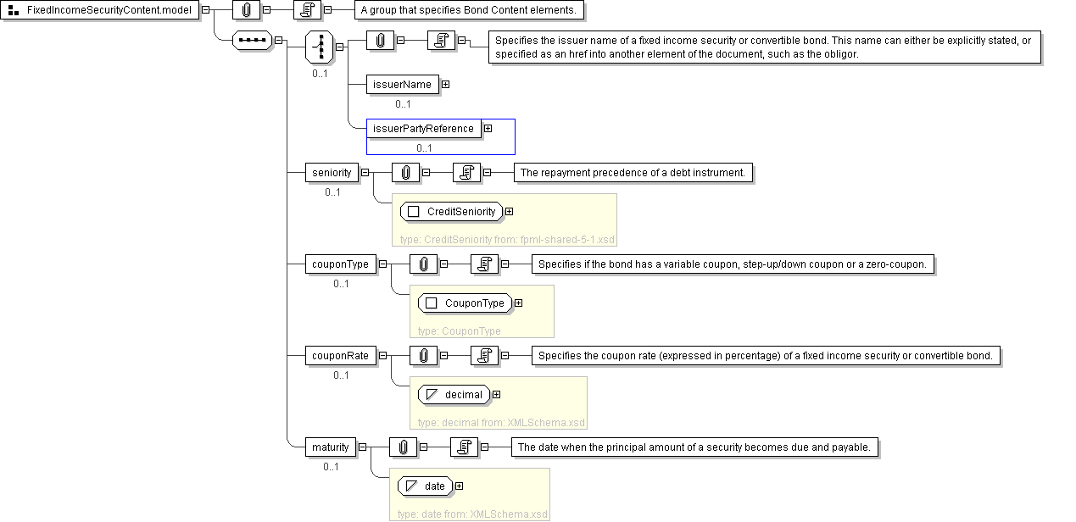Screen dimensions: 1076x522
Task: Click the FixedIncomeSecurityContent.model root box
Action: pyautogui.click(x=99, y=10)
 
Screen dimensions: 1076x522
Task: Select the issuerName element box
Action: pyautogui.click(x=403, y=85)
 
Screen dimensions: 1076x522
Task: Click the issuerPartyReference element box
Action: pyautogui.click(x=424, y=129)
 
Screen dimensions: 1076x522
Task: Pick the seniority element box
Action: pyautogui.click(x=332, y=173)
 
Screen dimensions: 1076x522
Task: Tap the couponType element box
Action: pyautogui.click(x=341, y=264)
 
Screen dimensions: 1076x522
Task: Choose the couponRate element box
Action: pyautogui.click(x=341, y=356)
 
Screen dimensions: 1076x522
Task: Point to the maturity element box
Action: pyautogui.click(x=331, y=447)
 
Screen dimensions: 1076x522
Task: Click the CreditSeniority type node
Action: pyautogui.click(x=452, y=212)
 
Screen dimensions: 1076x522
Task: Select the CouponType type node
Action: pyautogui.click(x=465, y=303)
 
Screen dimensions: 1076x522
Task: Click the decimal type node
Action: pyautogui.click(x=454, y=395)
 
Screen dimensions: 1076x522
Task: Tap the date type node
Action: pyautogui.click(x=425, y=486)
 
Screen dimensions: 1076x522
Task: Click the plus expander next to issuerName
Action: pyautogui.click(x=446, y=85)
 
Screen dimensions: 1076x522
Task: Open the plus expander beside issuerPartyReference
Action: pyautogui.click(x=488, y=129)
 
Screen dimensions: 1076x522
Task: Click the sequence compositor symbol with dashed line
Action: pyautogui.click(x=252, y=41)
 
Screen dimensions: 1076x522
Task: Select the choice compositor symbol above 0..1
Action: pyautogui.click(x=320, y=47)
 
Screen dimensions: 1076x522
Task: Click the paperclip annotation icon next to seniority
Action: pyautogui.click(x=406, y=173)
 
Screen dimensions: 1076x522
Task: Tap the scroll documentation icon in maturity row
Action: pyautogui.click(x=464, y=447)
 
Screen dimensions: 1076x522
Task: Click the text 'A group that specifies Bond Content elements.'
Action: pyautogui.click(x=469, y=10)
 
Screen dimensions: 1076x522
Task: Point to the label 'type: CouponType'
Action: pyautogui.click(x=460, y=330)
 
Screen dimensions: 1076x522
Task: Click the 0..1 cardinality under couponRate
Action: pyautogui.click(x=341, y=375)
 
